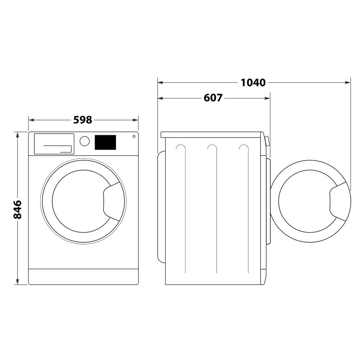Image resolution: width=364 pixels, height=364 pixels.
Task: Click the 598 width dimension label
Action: click(83, 120)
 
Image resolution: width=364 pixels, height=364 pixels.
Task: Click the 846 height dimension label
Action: click(17, 209)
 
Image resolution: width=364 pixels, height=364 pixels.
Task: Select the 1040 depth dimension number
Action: click(253, 83)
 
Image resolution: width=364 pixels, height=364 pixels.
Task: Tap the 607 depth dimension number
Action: click(213, 98)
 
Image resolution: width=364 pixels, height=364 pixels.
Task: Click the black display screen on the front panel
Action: click(105, 142)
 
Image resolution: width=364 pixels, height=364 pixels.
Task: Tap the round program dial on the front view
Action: click(84, 141)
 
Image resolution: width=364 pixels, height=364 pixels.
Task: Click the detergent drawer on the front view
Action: click(54, 144)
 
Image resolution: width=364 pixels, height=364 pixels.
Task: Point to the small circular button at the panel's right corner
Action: click(134, 136)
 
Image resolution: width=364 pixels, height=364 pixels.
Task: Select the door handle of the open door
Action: click(337, 202)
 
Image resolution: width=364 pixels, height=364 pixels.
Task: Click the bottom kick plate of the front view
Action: click(83, 277)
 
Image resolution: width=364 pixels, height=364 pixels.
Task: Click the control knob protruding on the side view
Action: click(268, 141)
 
